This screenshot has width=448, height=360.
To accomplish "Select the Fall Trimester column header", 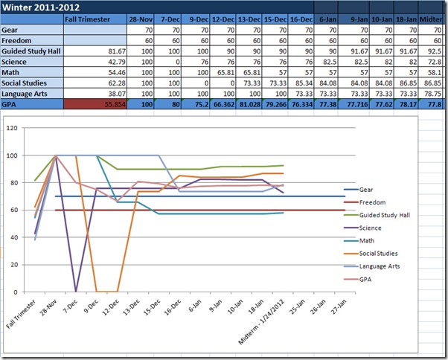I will point(88,20).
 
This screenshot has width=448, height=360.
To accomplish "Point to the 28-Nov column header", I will point(141,20).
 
